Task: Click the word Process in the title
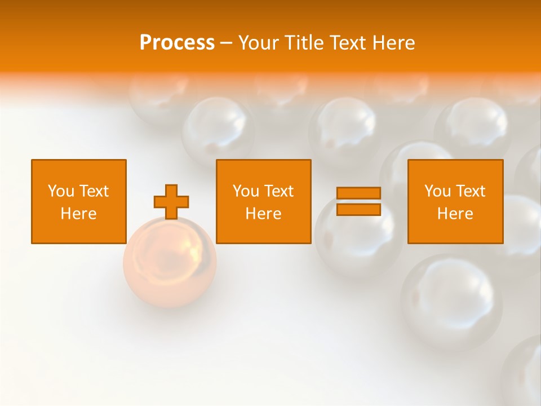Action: pos(177,43)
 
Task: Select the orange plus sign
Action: pos(171,202)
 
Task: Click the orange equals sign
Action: pos(358,201)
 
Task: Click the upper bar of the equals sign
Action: pos(358,193)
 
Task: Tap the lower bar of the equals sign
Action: pos(358,210)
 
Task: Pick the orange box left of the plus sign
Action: pos(79,202)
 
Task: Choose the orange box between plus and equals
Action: pos(264,202)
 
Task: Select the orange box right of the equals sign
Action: pos(455,202)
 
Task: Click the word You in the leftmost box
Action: pos(61,191)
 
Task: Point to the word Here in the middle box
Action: pos(264,214)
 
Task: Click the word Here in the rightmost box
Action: pos(455,214)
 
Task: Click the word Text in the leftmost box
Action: pos(94,191)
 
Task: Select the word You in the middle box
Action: pos(246,191)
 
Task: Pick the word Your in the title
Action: pos(256,43)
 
